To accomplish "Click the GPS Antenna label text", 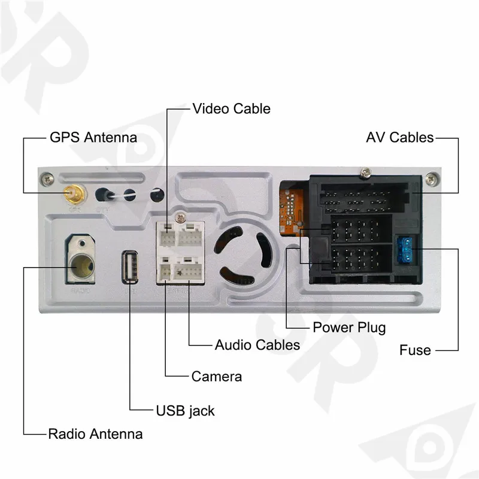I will click(92, 137).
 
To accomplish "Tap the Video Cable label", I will click(231, 108).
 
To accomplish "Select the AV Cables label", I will click(399, 137).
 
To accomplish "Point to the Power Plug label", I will click(349, 328).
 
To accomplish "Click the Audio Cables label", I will click(257, 345).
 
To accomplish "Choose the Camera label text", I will click(216, 377).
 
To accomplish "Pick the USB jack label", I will click(185, 411).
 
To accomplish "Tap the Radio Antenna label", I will click(95, 434).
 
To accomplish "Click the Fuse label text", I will click(415, 350).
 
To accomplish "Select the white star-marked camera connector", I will click(179, 272).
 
